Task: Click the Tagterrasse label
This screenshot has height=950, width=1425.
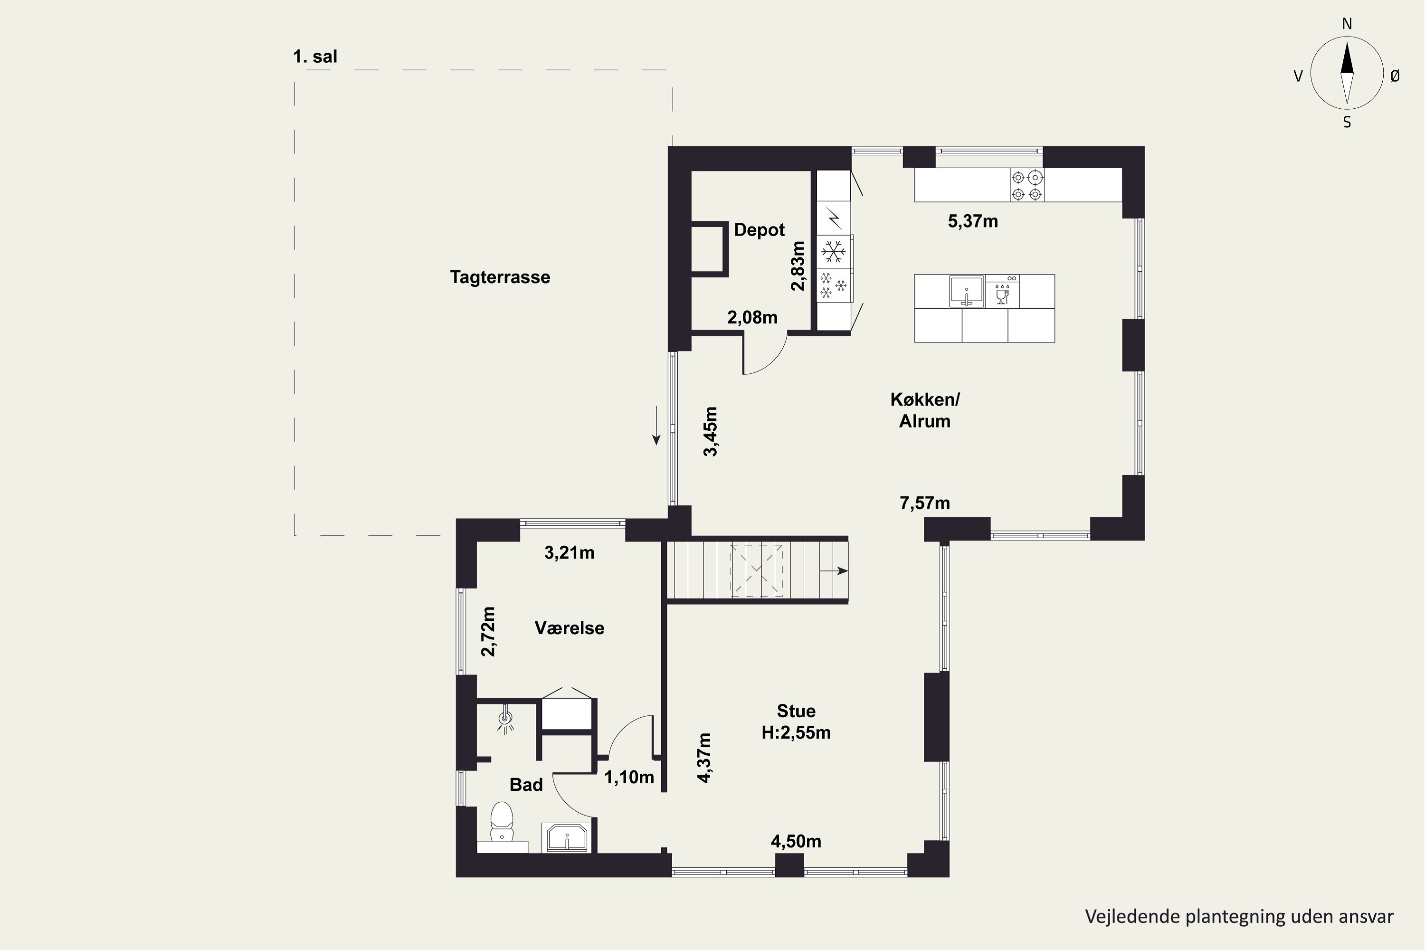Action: click(x=500, y=277)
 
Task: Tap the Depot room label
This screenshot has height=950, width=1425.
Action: click(x=759, y=230)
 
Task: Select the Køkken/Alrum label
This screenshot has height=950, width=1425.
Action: click(x=924, y=410)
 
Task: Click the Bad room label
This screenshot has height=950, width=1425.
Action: click(x=526, y=785)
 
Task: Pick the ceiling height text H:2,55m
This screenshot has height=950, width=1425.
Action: click(x=796, y=732)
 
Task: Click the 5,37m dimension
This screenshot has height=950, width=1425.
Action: click(x=972, y=221)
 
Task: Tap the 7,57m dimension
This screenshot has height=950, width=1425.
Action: click(x=924, y=503)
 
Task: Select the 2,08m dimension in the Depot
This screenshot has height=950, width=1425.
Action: click(x=752, y=317)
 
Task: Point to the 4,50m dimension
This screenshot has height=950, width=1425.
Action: click(x=796, y=842)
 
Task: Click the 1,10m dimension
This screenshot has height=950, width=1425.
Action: click(x=629, y=777)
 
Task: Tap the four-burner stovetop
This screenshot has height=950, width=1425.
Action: click(x=1027, y=185)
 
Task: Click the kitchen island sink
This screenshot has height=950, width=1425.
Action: click(x=966, y=292)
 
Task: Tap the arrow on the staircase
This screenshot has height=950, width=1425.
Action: click(x=833, y=571)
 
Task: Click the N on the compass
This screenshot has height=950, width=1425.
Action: click(x=1347, y=24)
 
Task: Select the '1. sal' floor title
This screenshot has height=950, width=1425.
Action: click(x=315, y=57)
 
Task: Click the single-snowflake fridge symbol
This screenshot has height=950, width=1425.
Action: click(x=833, y=251)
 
